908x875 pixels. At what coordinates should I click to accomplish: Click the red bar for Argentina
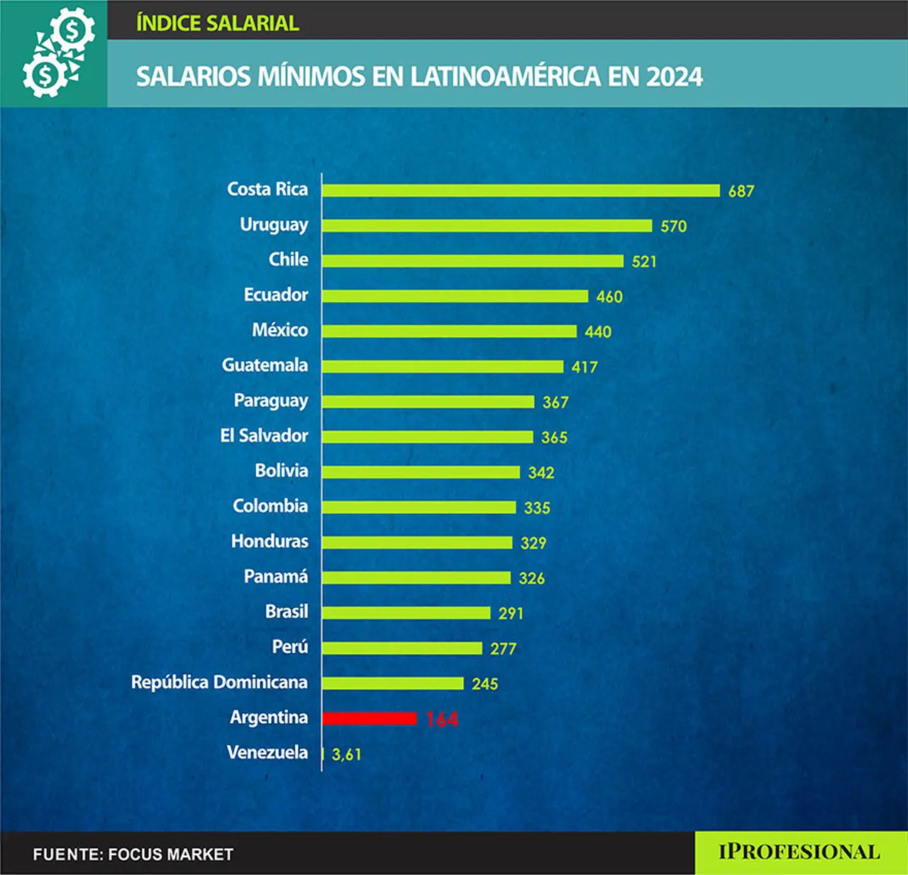point(369,719)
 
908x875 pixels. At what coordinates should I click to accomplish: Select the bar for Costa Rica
point(521,190)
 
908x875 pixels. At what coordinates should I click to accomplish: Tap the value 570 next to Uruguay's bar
point(673,226)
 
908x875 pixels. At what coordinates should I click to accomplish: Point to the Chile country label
point(288,260)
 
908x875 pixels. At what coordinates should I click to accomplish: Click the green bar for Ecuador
point(455,296)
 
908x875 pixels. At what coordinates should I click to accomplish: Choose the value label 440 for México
point(598,332)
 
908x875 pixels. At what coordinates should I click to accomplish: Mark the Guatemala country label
point(265,365)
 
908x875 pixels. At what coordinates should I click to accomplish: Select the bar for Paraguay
point(428,402)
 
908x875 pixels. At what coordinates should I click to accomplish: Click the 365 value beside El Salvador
point(554,437)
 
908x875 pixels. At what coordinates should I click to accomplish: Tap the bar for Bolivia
point(421,472)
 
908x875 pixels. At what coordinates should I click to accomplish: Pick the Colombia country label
point(271,506)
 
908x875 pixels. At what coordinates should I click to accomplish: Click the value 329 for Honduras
point(533,543)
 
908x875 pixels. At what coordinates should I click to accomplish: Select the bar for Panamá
point(416,578)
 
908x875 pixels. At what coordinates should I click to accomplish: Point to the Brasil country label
point(287,611)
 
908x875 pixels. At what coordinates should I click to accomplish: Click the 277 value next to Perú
point(503,649)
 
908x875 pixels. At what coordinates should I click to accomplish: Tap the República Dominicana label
point(219,682)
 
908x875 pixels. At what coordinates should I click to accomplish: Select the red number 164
point(442,720)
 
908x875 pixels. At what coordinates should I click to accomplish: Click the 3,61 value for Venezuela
point(346,754)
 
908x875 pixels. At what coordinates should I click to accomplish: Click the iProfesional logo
point(799,852)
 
